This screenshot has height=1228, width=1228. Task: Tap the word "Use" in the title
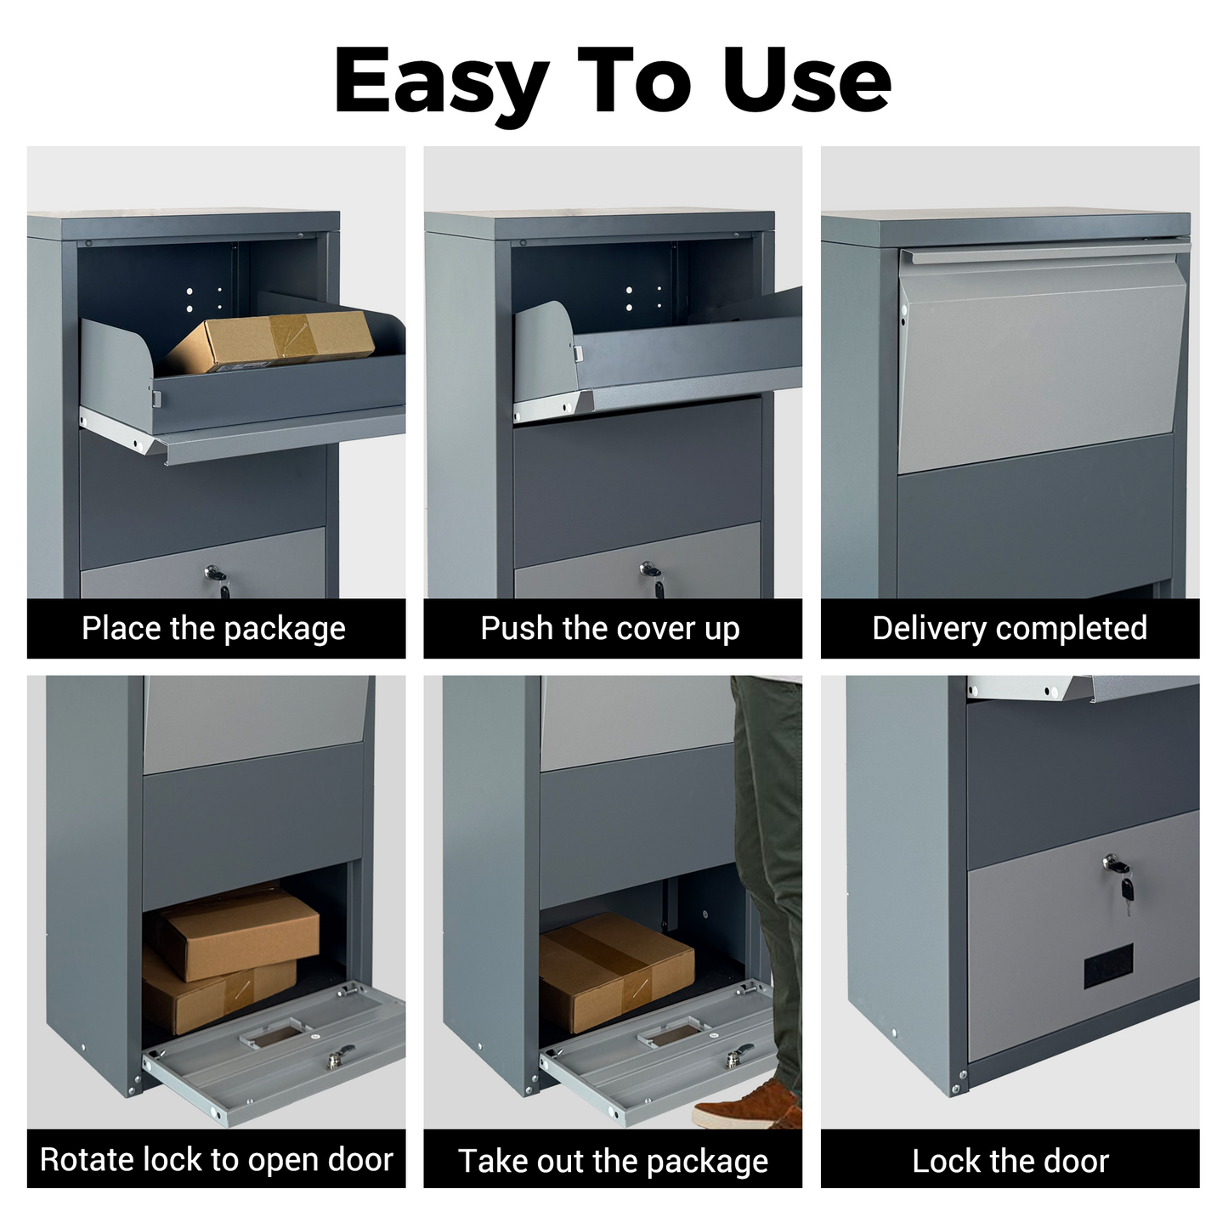coord(806,81)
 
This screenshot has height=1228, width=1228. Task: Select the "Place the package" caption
coord(214,629)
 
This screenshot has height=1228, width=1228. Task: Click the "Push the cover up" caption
coord(610,629)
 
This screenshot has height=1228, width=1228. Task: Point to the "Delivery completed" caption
coord(1010,628)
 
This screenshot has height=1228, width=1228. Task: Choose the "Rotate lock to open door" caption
coord(217,1159)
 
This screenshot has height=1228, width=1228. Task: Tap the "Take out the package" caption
coord(613,1161)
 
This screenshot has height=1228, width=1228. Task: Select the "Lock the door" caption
coord(1010,1161)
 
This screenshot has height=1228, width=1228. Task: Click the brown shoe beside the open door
coord(747,1105)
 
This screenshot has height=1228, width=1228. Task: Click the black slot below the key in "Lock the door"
coord(1109,966)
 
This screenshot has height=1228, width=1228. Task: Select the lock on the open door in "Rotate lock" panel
coord(338,1056)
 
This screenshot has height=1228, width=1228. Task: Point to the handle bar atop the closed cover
coord(1045,252)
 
